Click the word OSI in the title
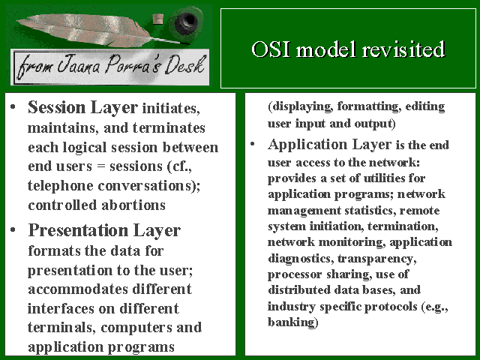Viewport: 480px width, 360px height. coord(271,49)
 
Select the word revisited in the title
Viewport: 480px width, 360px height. coord(403,49)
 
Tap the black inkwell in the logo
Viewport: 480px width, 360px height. coord(186,21)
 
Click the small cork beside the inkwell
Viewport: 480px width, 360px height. coord(158,19)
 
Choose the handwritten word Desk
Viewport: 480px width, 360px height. coord(184,65)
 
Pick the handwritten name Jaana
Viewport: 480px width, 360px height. coord(79,65)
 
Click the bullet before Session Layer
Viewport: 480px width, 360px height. coord(13,107)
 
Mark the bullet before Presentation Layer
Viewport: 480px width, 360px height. coord(13,230)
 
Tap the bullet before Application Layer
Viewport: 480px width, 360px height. coord(252,144)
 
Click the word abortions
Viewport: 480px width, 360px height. coord(133,205)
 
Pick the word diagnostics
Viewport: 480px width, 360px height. coord(301,259)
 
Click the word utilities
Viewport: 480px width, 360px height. coord(382,178)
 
